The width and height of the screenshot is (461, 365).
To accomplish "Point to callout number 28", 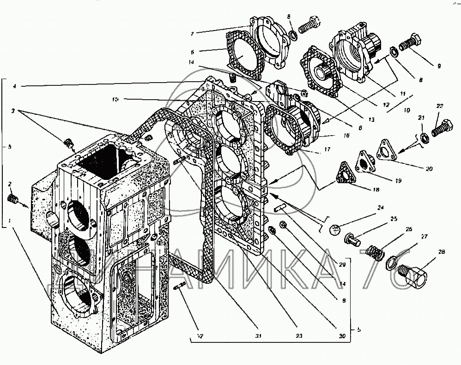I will tap(443, 252).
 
